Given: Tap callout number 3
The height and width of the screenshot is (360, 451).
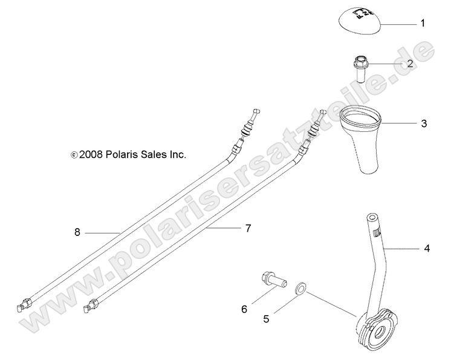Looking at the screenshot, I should tap(424, 123).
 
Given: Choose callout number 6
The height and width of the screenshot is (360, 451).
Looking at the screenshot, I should tap(244, 309).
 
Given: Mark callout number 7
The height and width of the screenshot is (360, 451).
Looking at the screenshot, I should tap(248, 228).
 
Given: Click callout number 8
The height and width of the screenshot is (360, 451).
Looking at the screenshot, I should tap(77, 232).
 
